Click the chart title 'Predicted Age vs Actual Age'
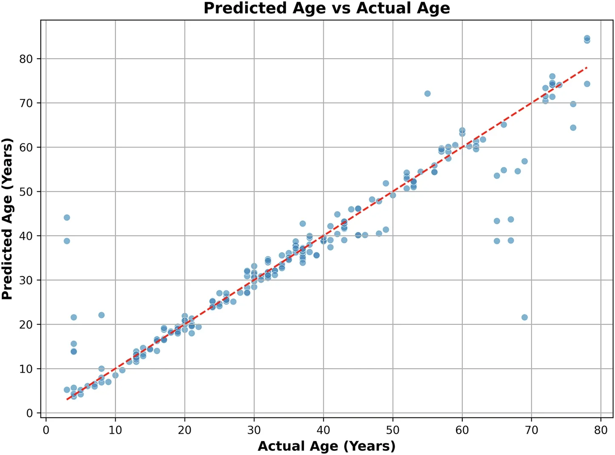click(327, 8)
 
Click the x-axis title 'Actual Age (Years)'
click(327, 446)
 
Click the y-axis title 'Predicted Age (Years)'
click(7, 219)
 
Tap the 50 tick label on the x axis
click(393, 430)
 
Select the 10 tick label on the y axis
click(26, 369)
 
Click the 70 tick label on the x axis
click(531, 430)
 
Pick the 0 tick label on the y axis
click(29, 413)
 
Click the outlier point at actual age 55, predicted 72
click(427, 94)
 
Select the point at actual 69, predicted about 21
click(524, 317)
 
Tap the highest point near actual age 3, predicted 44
click(67, 218)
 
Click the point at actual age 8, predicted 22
click(101, 315)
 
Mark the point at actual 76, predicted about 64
click(573, 128)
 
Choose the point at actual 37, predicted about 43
click(302, 224)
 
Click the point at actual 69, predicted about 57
click(524, 161)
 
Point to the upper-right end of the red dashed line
click(587, 68)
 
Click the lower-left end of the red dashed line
click(67, 399)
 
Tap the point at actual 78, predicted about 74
click(587, 84)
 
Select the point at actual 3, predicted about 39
click(67, 241)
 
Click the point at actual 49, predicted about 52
click(386, 183)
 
